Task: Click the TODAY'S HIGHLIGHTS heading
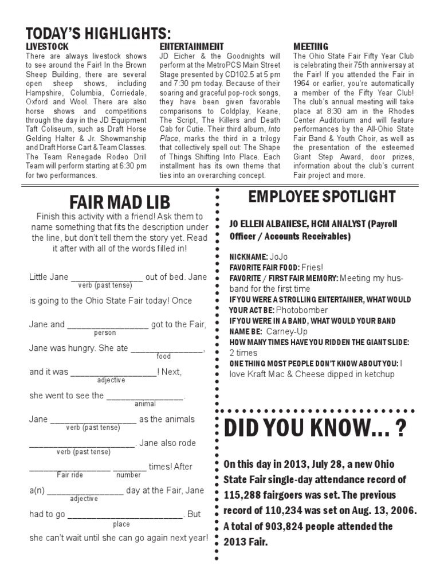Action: [98, 32]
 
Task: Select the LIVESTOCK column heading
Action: [48, 46]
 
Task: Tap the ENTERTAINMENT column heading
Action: [191, 46]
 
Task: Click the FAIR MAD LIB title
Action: [120, 202]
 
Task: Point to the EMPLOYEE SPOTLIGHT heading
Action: [321, 197]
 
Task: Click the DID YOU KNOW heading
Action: [316, 429]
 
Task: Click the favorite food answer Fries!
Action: [312, 267]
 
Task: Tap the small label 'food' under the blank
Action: [164, 356]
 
